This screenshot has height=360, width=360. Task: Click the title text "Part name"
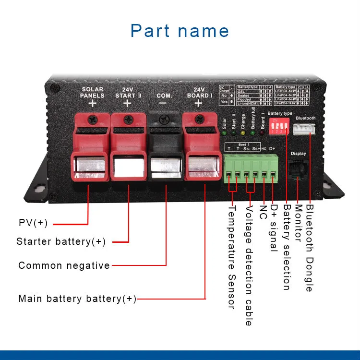(x=180, y=31)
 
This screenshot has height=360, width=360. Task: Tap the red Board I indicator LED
(x=263, y=133)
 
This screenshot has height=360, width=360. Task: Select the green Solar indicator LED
(x=225, y=133)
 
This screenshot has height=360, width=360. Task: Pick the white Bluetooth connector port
(x=306, y=128)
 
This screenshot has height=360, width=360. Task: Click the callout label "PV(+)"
(x=34, y=223)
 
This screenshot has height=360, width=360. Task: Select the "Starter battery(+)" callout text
(x=61, y=241)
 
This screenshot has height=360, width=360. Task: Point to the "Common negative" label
(x=64, y=265)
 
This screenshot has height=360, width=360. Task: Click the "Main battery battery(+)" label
(x=77, y=299)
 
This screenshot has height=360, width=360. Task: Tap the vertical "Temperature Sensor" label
(x=230, y=256)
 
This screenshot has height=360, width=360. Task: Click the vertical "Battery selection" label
(x=287, y=247)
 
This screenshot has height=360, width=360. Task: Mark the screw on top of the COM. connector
(x=165, y=119)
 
